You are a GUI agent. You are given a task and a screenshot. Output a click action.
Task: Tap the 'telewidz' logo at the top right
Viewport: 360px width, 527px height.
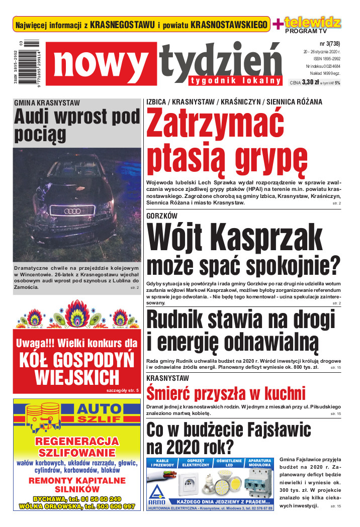pyautogui.click(x=313, y=22)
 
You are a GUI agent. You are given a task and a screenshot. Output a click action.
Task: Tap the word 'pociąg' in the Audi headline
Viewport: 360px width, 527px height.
pyautogui.click(x=40, y=134)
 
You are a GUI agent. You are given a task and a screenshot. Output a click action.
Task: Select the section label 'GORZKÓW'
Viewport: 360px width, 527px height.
pyautogui.click(x=162, y=216)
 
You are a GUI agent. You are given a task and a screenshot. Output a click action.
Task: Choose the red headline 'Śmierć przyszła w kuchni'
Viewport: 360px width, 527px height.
pyautogui.click(x=226, y=393)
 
